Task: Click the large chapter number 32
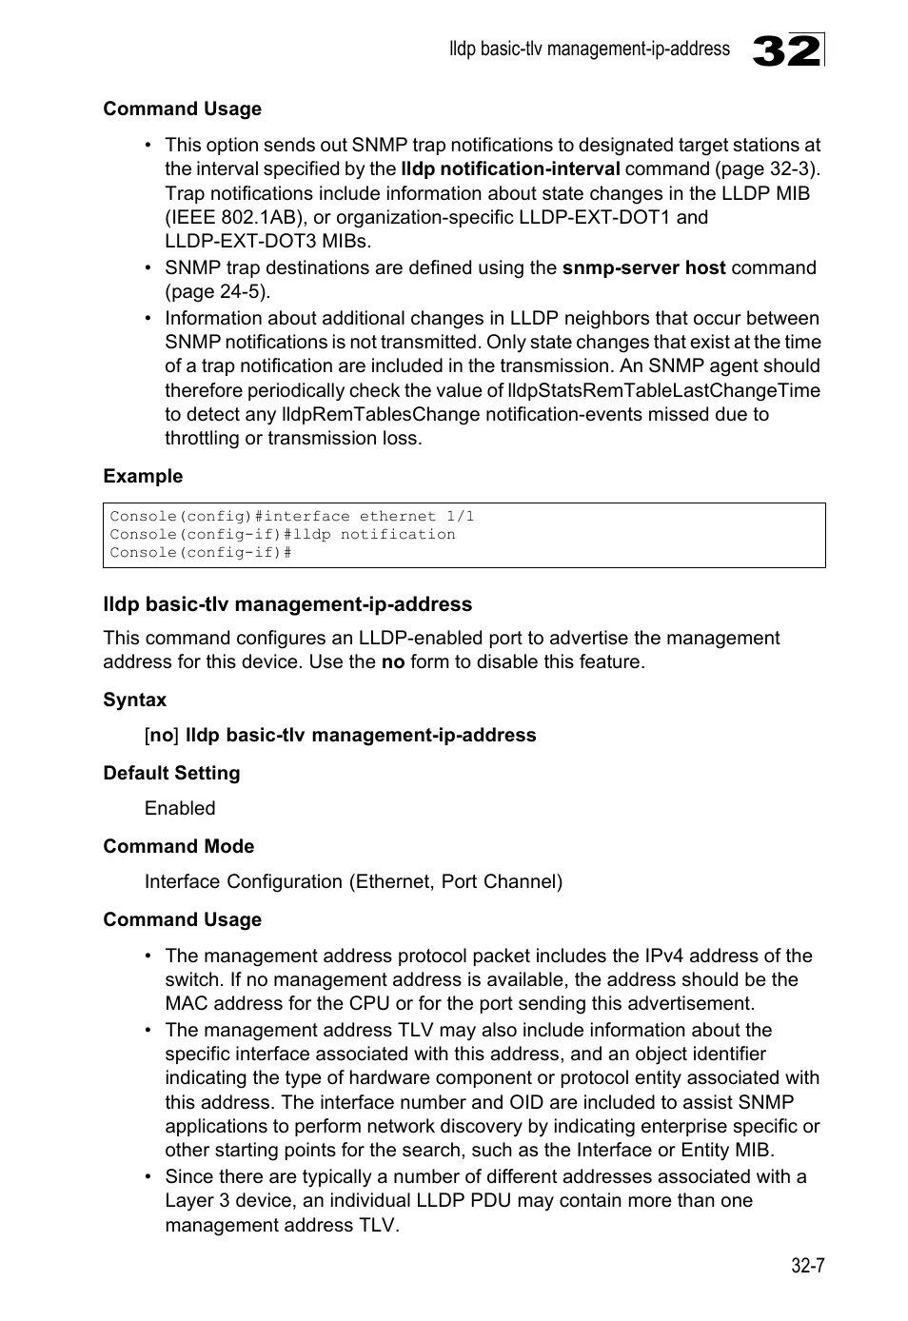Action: (785, 50)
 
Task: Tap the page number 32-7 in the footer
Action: (806, 1266)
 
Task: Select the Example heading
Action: (143, 476)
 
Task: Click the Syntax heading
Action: (134, 700)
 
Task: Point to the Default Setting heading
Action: (171, 773)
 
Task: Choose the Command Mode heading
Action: (178, 846)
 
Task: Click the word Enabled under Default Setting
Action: (180, 808)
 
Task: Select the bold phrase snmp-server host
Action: (643, 267)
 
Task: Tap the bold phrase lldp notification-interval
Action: (510, 168)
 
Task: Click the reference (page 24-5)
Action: (217, 291)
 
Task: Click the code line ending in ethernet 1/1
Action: (291, 516)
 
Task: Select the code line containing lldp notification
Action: (282, 534)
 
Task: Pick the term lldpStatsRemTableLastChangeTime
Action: (663, 390)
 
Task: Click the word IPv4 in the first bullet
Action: (664, 956)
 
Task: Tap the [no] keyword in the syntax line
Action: (162, 735)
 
